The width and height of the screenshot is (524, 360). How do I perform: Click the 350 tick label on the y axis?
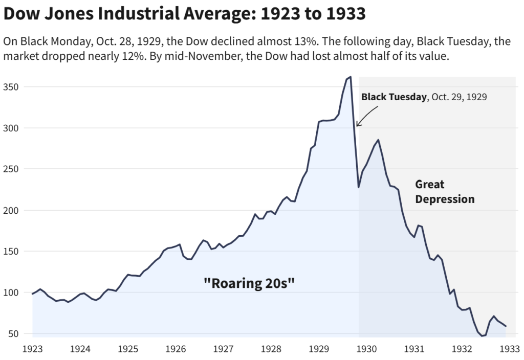click(x=11, y=87)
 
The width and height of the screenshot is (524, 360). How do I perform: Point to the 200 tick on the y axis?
click(x=11, y=210)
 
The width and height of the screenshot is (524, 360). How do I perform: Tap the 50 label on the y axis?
click(x=13, y=333)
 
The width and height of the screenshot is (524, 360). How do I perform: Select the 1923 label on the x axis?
click(x=32, y=349)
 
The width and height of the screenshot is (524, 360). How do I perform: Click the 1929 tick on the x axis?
click(x=319, y=349)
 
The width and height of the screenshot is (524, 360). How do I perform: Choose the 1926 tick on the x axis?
click(x=176, y=349)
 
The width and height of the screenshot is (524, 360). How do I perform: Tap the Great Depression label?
click(x=444, y=191)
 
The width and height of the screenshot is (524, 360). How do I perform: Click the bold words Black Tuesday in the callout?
click(x=394, y=97)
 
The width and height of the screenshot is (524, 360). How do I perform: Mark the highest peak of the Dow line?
click(x=350, y=77)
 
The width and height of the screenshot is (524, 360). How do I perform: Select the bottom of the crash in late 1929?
click(x=359, y=187)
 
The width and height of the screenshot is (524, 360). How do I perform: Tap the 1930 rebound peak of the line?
click(x=378, y=140)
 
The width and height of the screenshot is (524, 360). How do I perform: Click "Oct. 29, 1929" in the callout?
click(x=458, y=97)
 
